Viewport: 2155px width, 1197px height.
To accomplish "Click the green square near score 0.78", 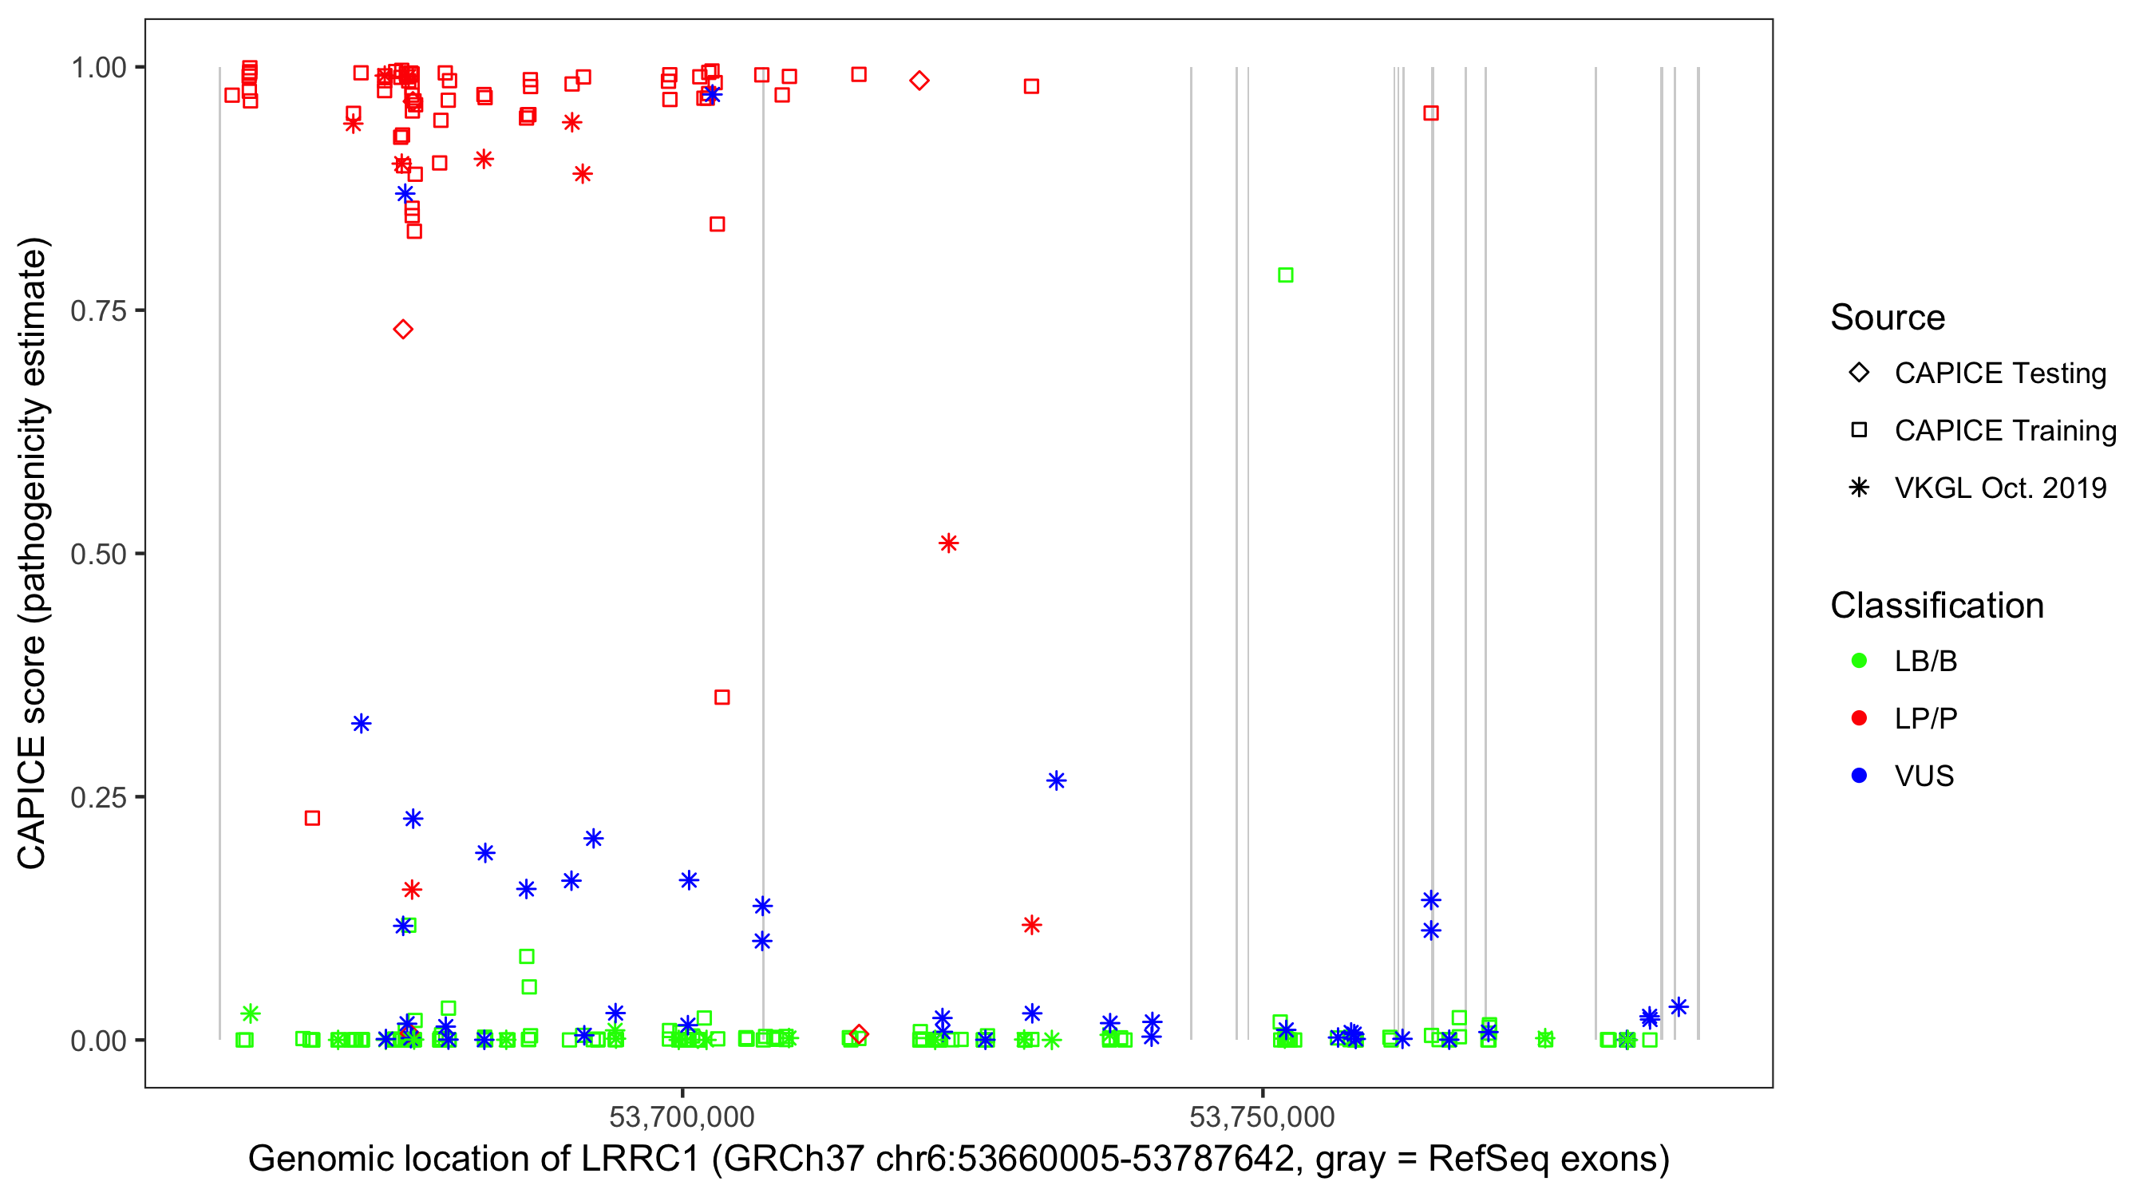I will [1285, 275].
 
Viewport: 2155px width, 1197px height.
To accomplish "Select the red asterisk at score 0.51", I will [948, 543].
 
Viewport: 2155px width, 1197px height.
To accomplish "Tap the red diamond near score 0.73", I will [402, 330].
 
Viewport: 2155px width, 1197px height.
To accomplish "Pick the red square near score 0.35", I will [722, 697].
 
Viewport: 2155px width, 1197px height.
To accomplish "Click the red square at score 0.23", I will [312, 818].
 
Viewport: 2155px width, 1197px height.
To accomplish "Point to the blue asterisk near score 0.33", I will [361, 724].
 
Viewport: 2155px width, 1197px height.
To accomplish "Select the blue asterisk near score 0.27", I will [1056, 780].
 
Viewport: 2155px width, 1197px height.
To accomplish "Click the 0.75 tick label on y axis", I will [97, 311].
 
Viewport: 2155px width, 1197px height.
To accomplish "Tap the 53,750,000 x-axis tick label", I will [1262, 1116].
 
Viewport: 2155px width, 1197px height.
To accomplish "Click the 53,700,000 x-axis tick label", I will [682, 1116].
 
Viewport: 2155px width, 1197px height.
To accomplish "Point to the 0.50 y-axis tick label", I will [97, 554].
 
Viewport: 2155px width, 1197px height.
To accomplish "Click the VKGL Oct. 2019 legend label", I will [2000, 488].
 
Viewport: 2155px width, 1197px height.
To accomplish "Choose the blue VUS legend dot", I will [1859, 776].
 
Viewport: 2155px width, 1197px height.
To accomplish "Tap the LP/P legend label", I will [1926, 718].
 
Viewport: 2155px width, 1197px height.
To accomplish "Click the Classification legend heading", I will [1936, 606].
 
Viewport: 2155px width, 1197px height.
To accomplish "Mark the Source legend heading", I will [1888, 318].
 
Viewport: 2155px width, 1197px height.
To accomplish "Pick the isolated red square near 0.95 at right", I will [1430, 113].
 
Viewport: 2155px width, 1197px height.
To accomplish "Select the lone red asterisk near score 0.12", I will [1031, 925].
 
